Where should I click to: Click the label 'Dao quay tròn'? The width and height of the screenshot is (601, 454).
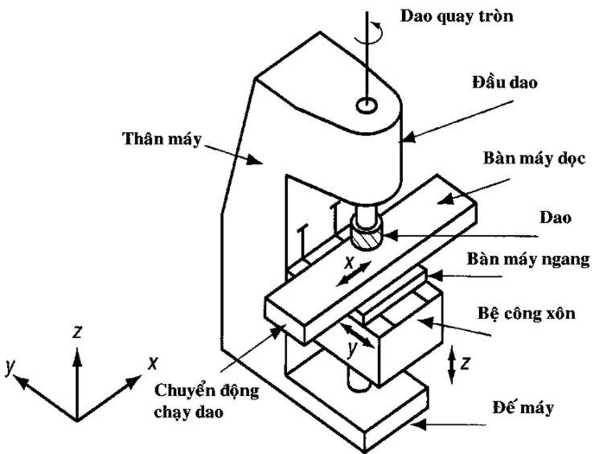pyautogui.click(x=456, y=15)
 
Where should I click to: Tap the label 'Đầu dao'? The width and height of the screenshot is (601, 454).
pyautogui.click(x=505, y=83)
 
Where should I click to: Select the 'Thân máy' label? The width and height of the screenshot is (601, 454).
pyautogui.click(x=162, y=139)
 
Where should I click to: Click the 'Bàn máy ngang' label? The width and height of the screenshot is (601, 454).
pyautogui.click(x=527, y=259)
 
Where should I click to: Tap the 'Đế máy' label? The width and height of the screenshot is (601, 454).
pyautogui.click(x=523, y=407)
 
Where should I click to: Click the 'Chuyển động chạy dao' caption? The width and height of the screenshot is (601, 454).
pyautogui.click(x=207, y=400)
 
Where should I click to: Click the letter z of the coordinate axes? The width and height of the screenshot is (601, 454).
pyautogui.click(x=77, y=332)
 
